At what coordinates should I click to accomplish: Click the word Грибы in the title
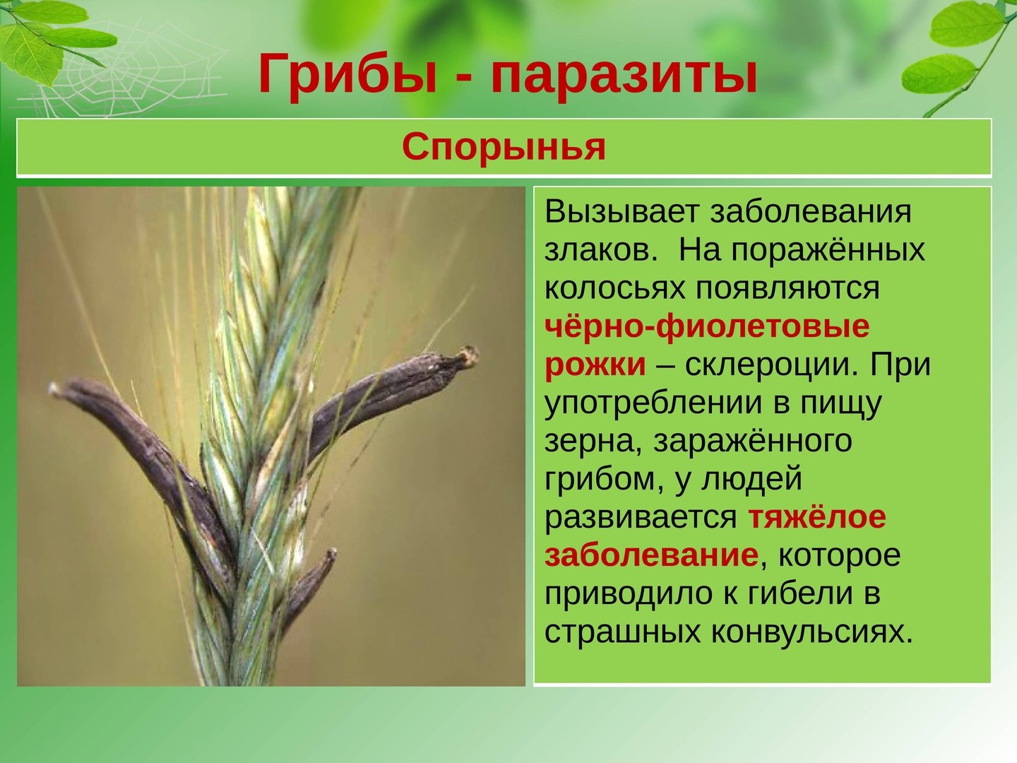click(x=348, y=74)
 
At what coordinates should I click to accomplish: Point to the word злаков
click(x=601, y=251)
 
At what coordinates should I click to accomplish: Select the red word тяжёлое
click(x=817, y=518)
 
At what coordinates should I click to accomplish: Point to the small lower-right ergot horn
click(x=308, y=588)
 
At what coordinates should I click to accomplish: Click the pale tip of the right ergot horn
click(x=469, y=355)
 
